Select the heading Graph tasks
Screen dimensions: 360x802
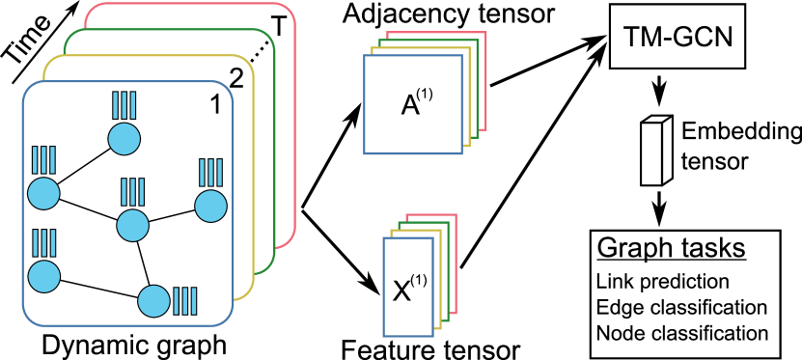tap(671, 248)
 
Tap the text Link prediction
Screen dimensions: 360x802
tap(662, 282)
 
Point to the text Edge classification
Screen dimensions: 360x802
tap(681, 308)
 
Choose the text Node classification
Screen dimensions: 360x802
tap(682, 334)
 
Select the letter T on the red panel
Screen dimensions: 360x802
tap(277, 29)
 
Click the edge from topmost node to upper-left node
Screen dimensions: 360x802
tap(84, 166)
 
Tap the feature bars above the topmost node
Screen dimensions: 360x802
tap(124, 105)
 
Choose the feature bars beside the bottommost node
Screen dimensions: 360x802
tap(183, 301)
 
